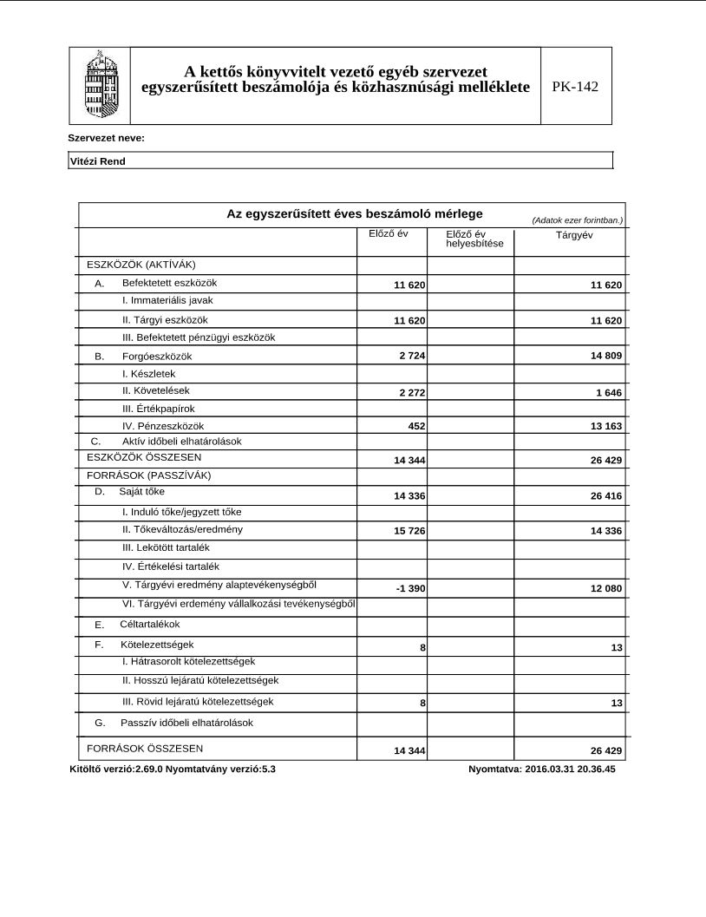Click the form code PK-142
[575, 87]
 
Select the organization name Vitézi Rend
[97, 161]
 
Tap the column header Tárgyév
[574, 236]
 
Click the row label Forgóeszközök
[157, 356]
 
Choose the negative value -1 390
[410, 589]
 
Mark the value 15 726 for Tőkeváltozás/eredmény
[409, 530]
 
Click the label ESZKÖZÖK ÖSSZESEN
[144, 456]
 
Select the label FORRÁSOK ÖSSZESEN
[145, 747]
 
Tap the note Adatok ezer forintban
[577, 220]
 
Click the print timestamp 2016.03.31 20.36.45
[570, 769]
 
